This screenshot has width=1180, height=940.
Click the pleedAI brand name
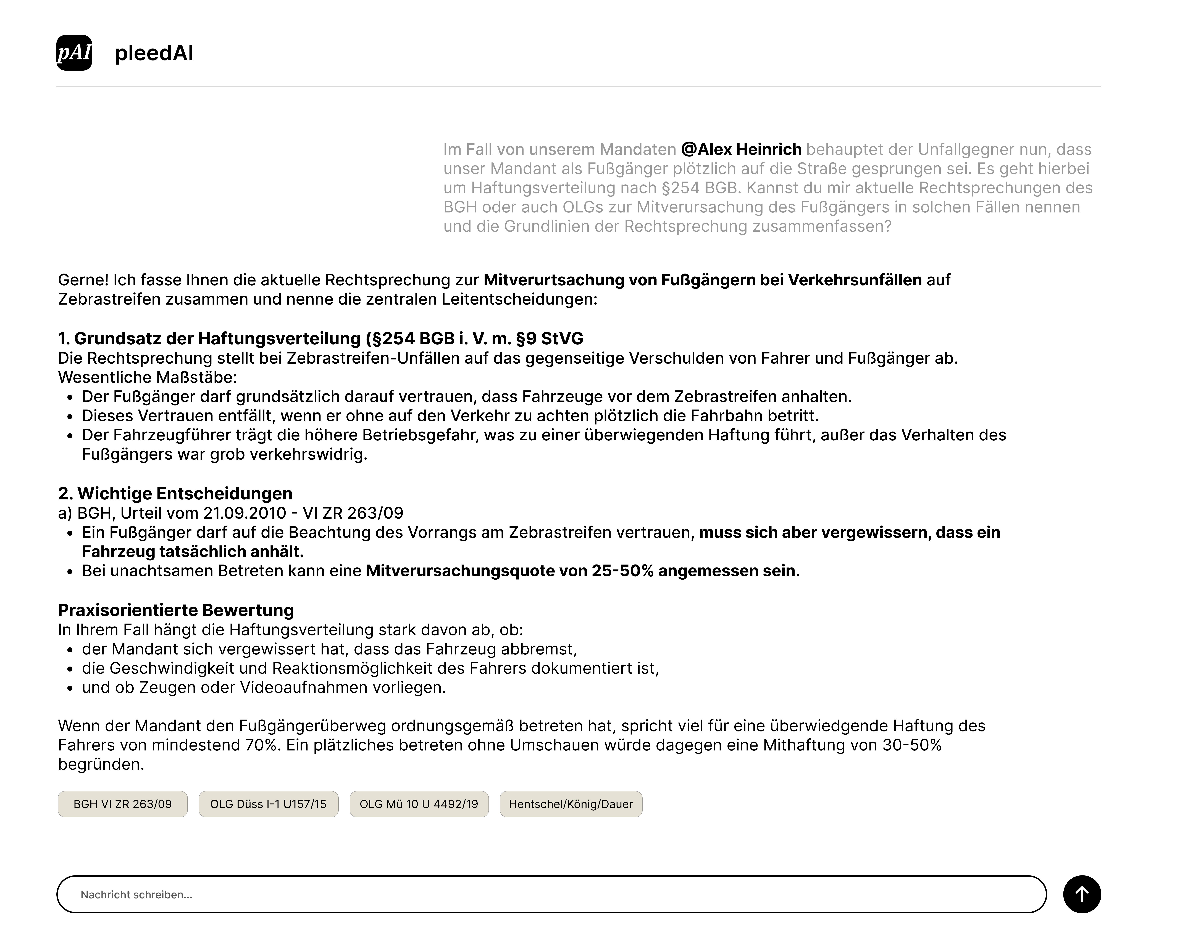[154, 53]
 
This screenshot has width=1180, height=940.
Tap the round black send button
[1081, 894]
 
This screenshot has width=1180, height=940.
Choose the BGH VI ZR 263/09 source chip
[123, 804]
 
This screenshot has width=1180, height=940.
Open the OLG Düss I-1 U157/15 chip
[268, 804]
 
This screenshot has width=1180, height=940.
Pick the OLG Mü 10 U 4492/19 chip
[419, 804]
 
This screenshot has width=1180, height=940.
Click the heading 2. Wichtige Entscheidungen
[175, 493]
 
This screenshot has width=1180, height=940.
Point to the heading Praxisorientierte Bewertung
[176, 610]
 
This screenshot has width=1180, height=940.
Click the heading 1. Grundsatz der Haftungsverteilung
[320, 339]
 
